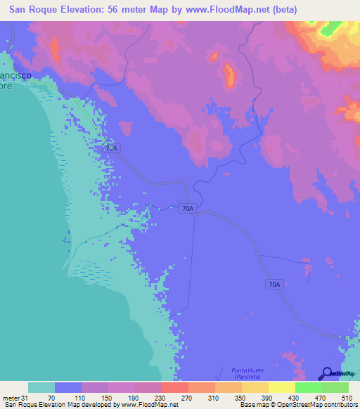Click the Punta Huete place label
[x=250, y=370]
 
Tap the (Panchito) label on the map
[x=250, y=377]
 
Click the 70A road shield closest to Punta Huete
[x=274, y=284]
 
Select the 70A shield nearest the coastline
[x=111, y=148]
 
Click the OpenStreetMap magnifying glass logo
[x=327, y=373]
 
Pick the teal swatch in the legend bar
[x=41, y=387]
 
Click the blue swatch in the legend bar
[x=68, y=387]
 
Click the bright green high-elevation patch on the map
[x=329, y=29]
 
